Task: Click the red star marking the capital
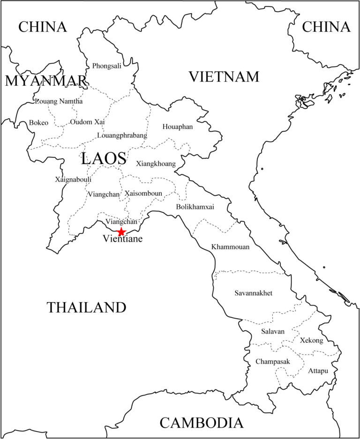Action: coord(121,232)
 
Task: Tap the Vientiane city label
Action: coord(122,239)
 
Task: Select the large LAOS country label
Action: coord(104,158)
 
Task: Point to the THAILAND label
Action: coord(87,307)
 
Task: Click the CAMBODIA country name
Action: coord(202,423)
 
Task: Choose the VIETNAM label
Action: coord(224,76)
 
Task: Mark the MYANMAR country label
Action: coord(46,81)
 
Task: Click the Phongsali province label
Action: coord(106,66)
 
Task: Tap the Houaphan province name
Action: coord(178,126)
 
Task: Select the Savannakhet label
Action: coord(253,293)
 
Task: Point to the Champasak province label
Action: coord(272,362)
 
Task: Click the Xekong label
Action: coord(311,341)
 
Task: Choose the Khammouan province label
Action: coord(230,247)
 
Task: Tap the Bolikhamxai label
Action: coord(195,207)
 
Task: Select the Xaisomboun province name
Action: coord(143,193)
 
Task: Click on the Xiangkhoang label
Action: coord(156,164)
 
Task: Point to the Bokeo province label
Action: coord(38,123)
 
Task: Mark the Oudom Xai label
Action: coord(87,122)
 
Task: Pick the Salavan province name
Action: coord(273,331)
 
